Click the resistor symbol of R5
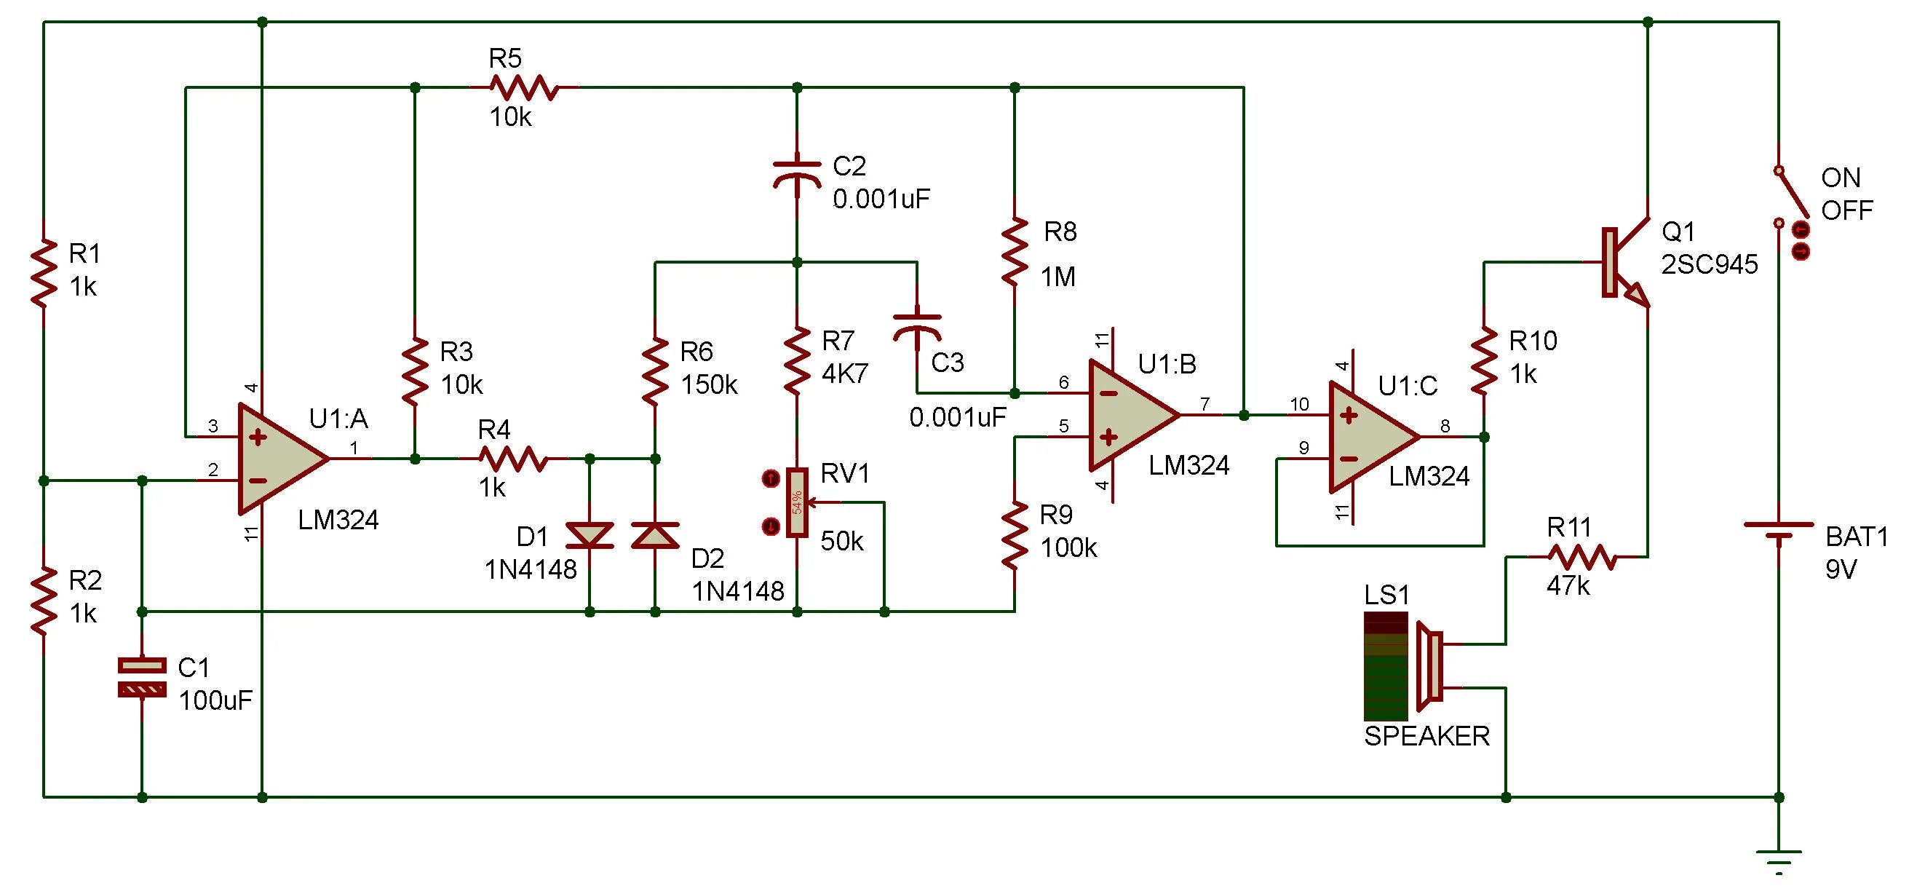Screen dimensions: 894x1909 [x=523, y=87]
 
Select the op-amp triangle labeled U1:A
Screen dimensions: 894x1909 [x=278, y=459]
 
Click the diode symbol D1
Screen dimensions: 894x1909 [x=590, y=534]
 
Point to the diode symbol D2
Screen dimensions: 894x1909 [x=655, y=534]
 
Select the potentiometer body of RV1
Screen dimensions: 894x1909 [x=798, y=502]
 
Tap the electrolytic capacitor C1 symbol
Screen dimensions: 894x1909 [x=143, y=678]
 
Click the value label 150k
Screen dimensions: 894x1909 [x=708, y=384]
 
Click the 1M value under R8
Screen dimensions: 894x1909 [x=1057, y=277]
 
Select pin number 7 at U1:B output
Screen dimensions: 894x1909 [x=1205, y=404]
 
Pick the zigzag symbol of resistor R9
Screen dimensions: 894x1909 [x=1015, y=535]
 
